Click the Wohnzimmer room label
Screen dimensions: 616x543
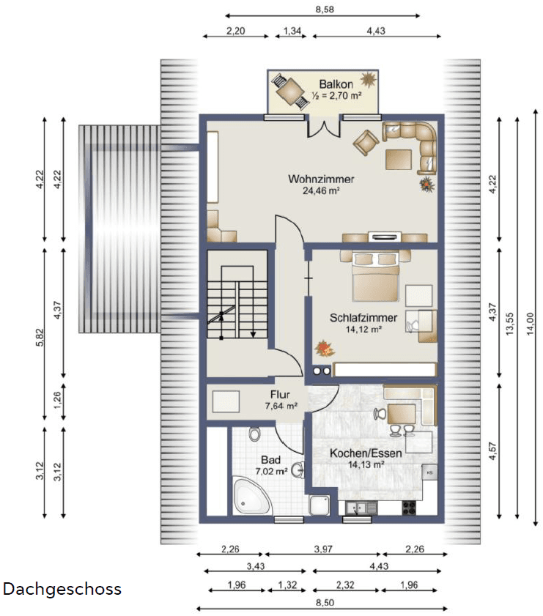coord(321,179)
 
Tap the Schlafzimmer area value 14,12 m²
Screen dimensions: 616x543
coord(363,329)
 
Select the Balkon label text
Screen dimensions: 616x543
coord(336,84)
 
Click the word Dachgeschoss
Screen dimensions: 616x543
coord(62,589)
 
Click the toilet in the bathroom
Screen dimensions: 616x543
coord(254,434)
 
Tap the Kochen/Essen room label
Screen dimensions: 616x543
coord(365,453)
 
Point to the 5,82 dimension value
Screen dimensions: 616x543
coord(40,337)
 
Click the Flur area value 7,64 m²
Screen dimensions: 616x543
coord(281,405)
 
